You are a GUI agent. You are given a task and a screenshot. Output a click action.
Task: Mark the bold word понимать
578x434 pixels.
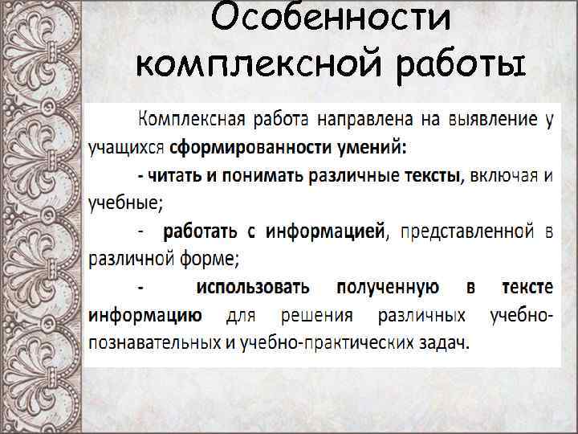click(254, 176)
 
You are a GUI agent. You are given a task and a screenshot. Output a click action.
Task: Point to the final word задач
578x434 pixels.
click(444, 342)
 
